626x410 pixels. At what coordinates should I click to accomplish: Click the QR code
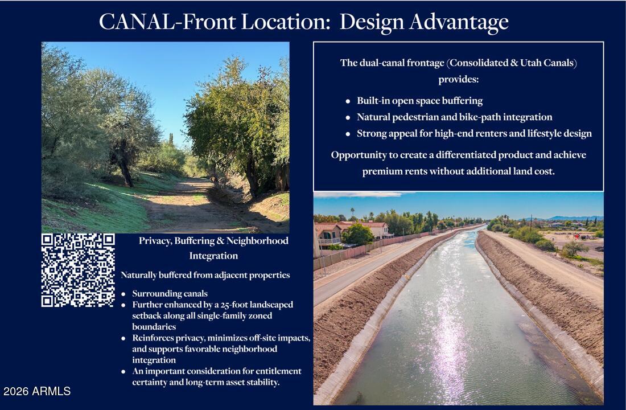78,270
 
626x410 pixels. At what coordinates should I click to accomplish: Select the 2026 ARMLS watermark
37,391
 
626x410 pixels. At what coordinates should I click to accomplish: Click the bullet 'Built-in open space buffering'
419,101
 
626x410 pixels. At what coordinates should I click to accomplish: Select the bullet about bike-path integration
454,117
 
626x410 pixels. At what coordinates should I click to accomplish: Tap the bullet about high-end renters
474,133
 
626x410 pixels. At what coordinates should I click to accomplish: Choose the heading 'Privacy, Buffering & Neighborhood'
213,240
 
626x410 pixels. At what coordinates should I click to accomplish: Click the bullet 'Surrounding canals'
170,294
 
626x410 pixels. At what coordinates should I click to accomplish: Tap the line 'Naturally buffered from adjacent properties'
205,275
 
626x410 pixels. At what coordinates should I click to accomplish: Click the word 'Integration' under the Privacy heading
213,256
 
